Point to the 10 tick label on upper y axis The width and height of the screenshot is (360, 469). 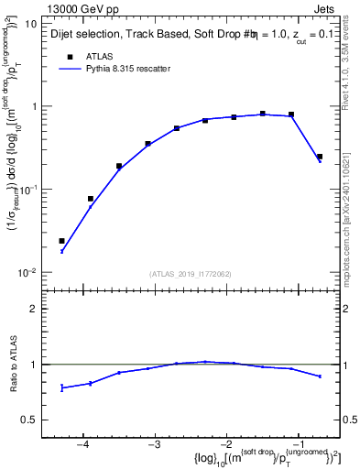tap(30, 24)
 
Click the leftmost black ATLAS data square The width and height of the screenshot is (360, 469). tap(61, 241)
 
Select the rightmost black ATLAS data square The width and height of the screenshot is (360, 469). tap(320, 157)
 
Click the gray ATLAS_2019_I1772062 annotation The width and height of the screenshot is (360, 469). tap(191, 274)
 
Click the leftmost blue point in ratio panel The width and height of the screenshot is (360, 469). tap(61, 387)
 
